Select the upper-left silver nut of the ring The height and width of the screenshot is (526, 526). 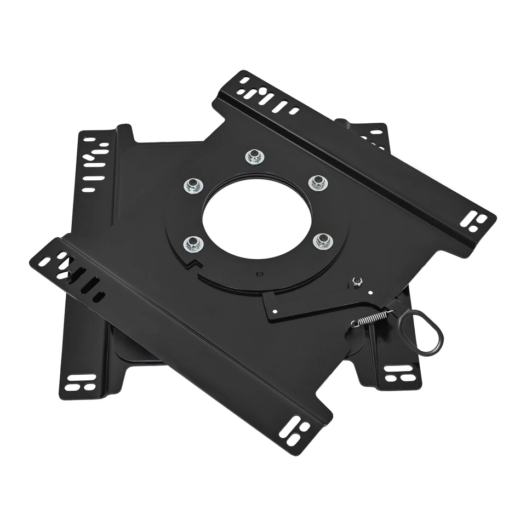point(193,186)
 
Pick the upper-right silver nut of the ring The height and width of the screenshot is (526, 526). point(317,182)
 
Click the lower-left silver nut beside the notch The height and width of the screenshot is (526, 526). point(191,243)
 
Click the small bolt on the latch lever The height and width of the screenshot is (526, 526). point(358,282)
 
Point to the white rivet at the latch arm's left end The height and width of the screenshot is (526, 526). point(274,313)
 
